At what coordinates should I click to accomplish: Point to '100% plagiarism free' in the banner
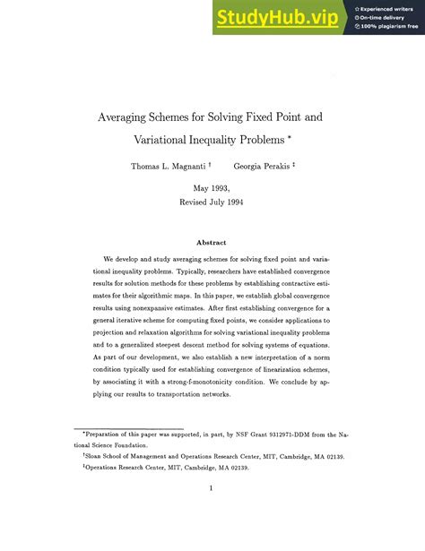(x=391, y=26)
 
